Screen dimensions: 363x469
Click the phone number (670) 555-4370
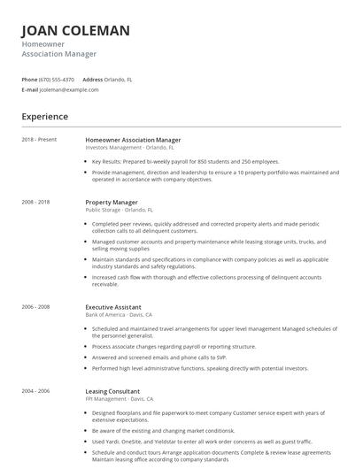(x=57, y=79)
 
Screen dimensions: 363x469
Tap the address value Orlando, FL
(x=119, y=79)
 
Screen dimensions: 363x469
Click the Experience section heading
(x=45, y=117)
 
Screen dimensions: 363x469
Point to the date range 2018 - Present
(x=39, y=140)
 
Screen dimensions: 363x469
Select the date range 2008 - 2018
(x=35, y=202)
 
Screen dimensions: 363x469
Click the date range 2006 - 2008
(x=35, y=307)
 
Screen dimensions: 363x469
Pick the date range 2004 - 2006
(x=35, y=390)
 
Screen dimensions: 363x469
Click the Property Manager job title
(x=112, y=202)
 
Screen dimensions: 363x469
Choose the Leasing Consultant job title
(x=112, y=390)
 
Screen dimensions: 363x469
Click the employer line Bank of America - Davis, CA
(x=119, y=315)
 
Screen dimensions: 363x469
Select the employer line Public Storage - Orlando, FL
(x=119, y=211)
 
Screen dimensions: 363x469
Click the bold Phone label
(x=29, y=79)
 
